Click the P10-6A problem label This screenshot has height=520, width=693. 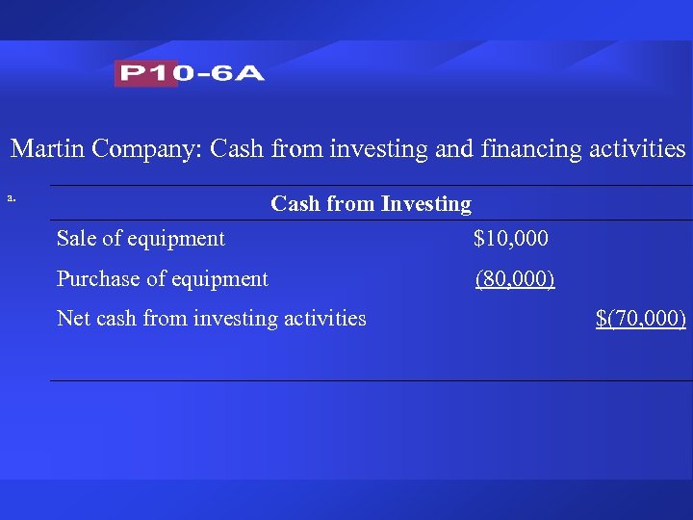[190, 73]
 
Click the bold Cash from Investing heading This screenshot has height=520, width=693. [371, 204]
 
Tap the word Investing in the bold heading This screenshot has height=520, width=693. [426, 204]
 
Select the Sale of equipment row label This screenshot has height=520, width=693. [141, 239]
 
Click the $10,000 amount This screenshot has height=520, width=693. [511, 239]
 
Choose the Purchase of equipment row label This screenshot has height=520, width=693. [163, 279]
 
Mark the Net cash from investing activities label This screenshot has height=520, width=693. [212, 318]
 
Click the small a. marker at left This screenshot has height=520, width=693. [12, 198]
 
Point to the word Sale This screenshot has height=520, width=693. [77, 239]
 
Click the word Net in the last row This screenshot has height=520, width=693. [73, 318]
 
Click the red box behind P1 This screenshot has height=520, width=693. [145, 73]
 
